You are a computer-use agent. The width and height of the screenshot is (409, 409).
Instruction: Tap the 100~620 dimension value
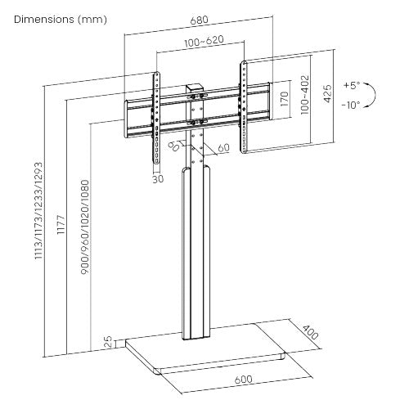(199, 40)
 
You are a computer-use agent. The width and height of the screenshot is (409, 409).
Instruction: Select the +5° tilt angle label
(351, 85)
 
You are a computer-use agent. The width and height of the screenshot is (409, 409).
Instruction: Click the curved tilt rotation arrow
(371, 96)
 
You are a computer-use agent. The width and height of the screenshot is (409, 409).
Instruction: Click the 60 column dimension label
(223, 148)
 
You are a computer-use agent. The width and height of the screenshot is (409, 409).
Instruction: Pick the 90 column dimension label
(175, 146)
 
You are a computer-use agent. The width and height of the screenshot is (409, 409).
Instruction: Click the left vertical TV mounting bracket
(156, 114)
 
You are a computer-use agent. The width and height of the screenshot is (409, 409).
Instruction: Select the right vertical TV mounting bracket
(243, 106)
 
